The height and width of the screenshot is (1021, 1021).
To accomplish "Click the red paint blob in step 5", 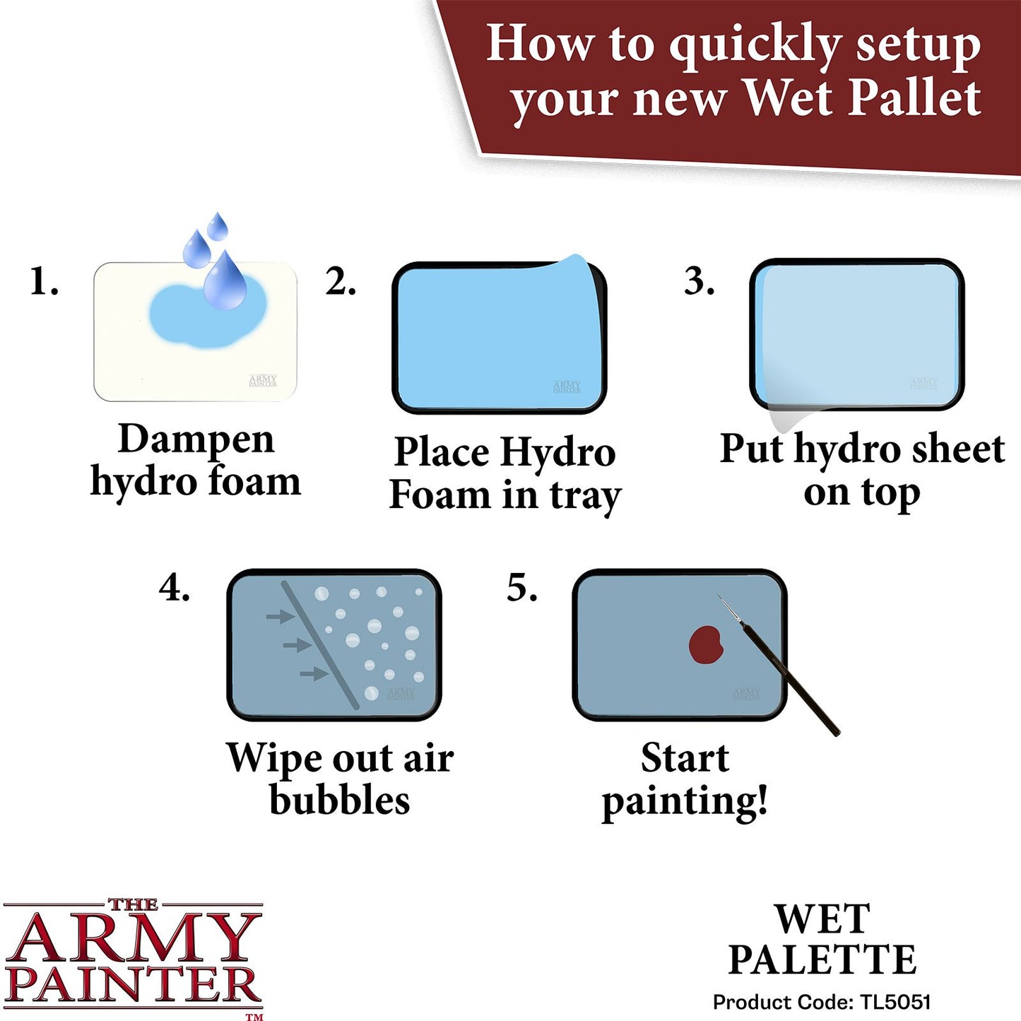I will pos(706,644).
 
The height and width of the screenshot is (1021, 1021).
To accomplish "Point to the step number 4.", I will pos(174,587).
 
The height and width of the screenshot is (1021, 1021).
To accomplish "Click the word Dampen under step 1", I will pos(196,439).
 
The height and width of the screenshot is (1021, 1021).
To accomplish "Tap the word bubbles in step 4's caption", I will pos(339,800).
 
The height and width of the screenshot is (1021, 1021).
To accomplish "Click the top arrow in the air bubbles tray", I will pos(280,617).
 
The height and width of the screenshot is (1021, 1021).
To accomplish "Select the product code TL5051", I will pos(895,1002).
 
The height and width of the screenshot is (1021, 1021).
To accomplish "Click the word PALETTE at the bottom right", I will pos(822,960).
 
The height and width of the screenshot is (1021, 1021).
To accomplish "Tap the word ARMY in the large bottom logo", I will pos(133,937).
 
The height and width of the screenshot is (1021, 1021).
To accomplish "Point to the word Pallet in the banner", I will pos(914,98).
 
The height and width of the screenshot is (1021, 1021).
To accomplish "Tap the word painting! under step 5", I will pos(684,801).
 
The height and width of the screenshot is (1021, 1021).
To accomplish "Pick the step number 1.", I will pos(43,282).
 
